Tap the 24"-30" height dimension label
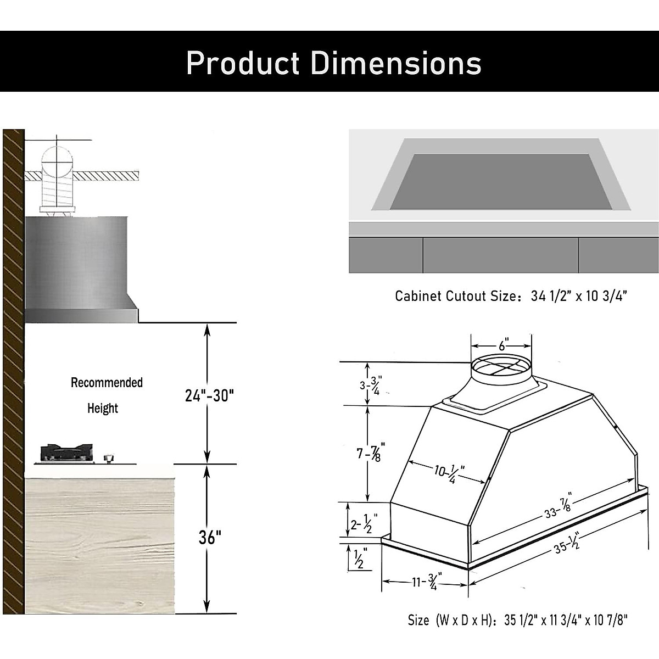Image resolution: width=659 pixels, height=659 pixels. (209, 395)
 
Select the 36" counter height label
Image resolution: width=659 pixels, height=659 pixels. (210, 537)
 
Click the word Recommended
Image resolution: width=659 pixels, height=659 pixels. (107, 383)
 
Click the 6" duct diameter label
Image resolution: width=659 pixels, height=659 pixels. (503, 345)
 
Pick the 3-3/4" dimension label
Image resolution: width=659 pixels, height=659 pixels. (371, 385)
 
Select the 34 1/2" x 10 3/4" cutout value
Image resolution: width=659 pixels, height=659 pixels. (579, 296)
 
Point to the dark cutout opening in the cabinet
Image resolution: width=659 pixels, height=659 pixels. (500, 181)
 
